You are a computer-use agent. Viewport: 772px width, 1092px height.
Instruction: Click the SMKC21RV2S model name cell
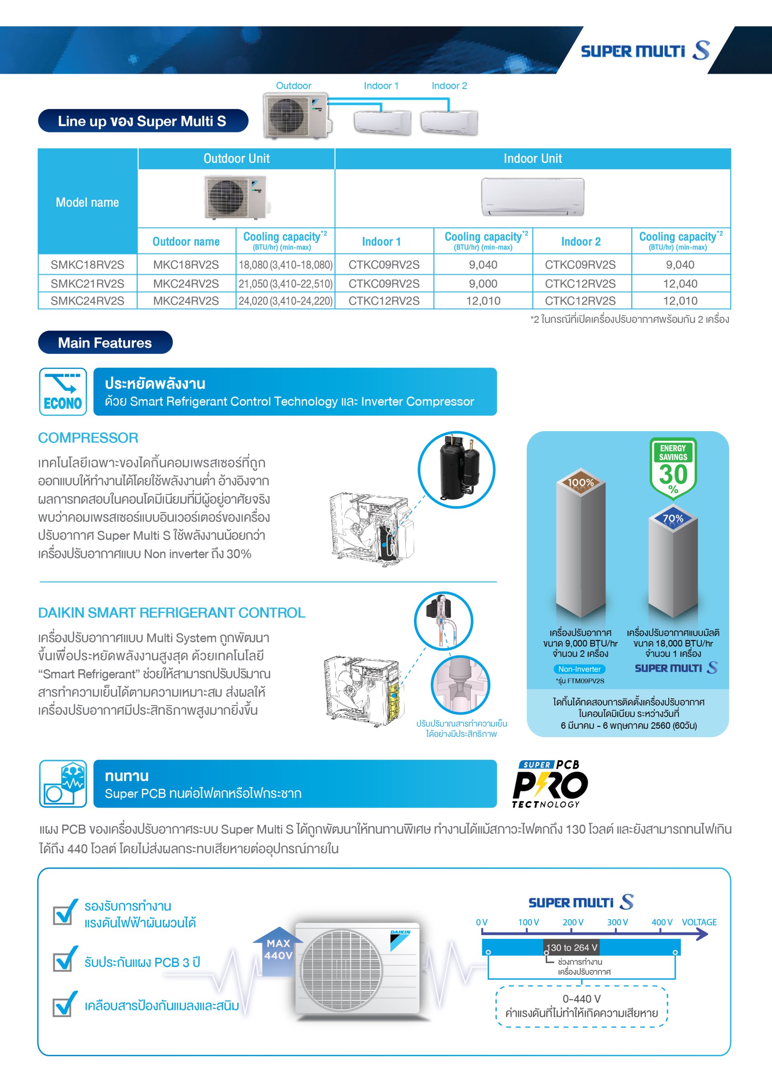tap(88, 284)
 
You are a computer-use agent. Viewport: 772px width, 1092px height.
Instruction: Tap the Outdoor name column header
tap(186, 242)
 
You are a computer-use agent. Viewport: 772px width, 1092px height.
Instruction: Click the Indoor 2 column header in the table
tap(581, 242)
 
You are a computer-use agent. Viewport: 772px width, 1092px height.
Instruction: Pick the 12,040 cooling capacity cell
tap(680, 284)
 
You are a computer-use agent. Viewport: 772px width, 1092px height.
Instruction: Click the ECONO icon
tap(63, 391)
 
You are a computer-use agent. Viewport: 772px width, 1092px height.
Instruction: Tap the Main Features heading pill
tap(105, 342)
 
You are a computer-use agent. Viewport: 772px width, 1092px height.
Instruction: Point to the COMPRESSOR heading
tap(88, 438)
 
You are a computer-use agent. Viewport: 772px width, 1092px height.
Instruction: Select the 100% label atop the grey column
tap(581, 482)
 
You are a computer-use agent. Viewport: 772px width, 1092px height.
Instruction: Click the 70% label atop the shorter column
tap(673, 518)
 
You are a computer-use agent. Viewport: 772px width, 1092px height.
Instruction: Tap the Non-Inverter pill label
tap(579, 669)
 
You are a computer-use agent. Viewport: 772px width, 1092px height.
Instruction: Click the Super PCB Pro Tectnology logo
tap(550, 784)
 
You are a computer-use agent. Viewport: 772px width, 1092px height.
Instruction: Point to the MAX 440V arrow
tap(278, 949)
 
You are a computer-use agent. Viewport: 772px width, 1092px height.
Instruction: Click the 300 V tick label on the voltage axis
tap(617, 922)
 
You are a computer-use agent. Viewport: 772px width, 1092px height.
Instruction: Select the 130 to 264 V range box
tap(571, 948)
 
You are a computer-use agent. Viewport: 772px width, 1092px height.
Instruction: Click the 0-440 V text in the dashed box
tap(581, 999)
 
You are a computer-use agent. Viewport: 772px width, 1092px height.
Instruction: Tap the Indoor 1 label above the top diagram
tap(381, 86)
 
